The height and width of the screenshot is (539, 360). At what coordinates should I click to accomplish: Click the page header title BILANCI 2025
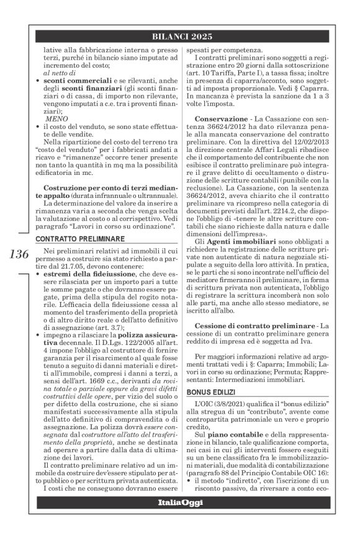coord(182,37)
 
